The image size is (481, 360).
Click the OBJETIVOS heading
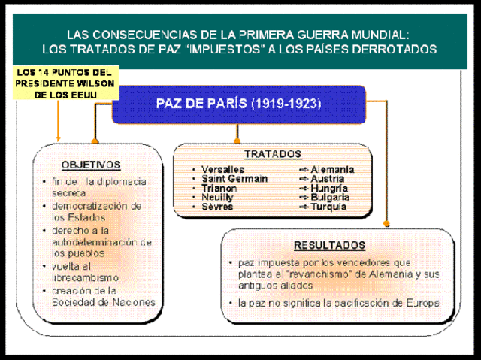[x=90, y=164]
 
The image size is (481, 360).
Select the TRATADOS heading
[x=272, y=153]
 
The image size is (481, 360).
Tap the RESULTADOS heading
[x=329, y=245]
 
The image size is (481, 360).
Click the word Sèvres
[x=217, y=207]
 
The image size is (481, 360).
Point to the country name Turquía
[x=328, y=207]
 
